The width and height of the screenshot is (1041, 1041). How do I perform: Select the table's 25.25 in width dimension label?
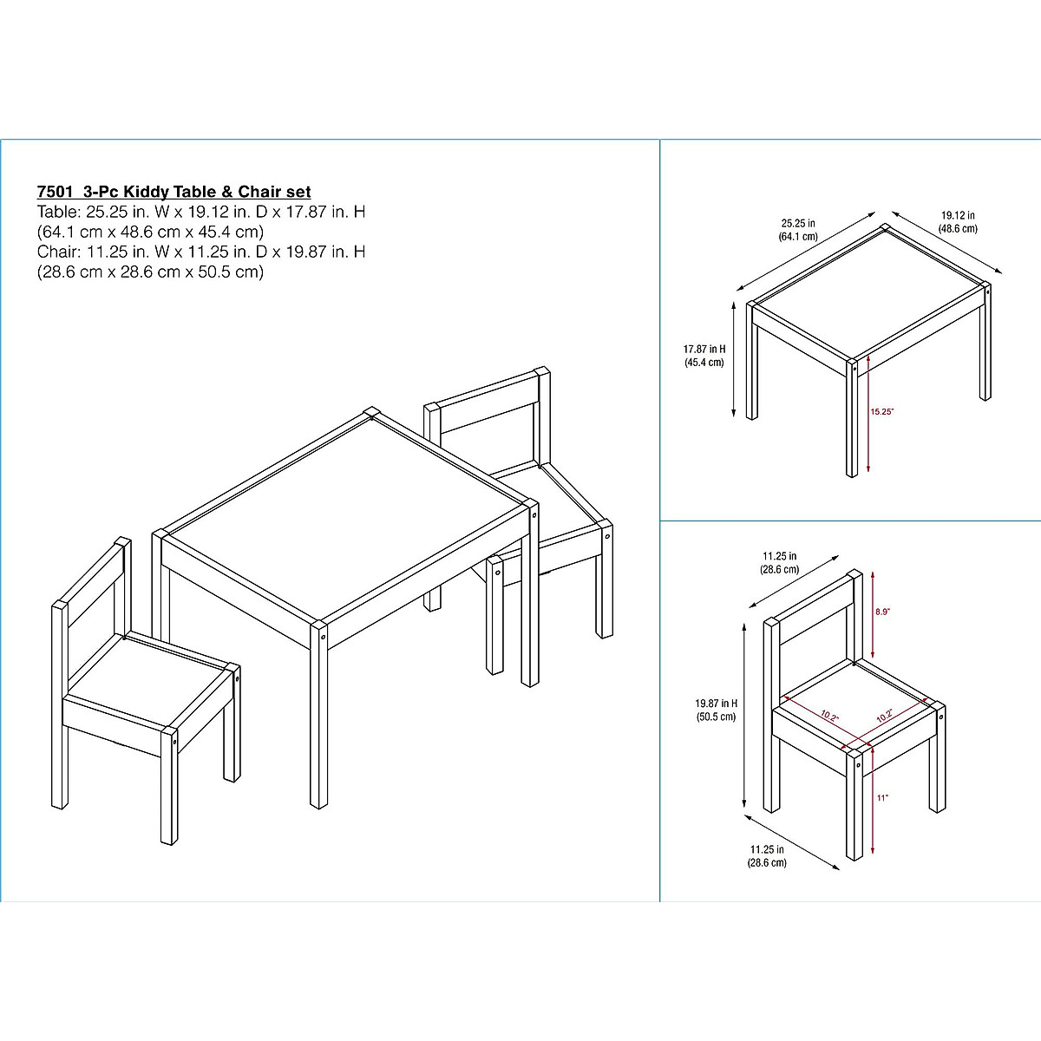tap(797, 229)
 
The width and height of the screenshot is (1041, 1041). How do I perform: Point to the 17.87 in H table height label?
tap(704, 356)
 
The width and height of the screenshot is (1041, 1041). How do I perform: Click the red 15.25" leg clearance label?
tap(881, 412)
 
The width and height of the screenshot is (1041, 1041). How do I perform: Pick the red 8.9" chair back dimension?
tap(882, 612)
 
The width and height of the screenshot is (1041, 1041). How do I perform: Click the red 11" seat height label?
tap(881, 797)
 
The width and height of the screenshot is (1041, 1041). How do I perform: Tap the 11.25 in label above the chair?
tap(780, 563)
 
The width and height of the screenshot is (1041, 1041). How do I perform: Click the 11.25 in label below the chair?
tap(767, 856)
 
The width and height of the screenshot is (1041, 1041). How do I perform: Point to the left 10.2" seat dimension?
tap(829, 717)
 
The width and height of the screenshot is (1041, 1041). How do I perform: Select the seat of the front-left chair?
tap(147, 677)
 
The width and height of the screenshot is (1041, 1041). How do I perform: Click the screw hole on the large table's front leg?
tap(324, 636)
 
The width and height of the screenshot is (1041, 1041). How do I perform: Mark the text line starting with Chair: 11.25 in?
tap(200, 252)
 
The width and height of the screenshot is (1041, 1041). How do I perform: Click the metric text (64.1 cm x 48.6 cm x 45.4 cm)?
tap(149, 232)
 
